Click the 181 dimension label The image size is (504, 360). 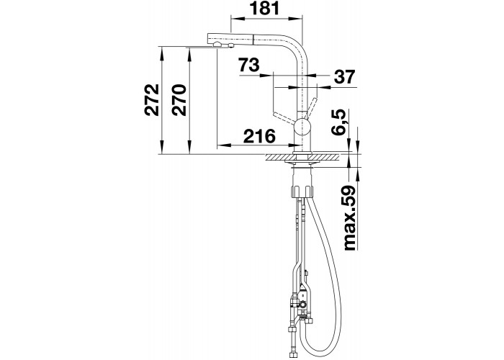(265, 9)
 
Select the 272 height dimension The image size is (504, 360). (152, 99)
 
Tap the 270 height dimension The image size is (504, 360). (179, 99)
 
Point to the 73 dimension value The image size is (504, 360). (249, 65)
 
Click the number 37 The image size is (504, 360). (345, 77)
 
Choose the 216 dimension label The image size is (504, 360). (259, 136)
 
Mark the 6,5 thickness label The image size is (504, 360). (338, 122)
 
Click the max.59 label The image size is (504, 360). (350, 217)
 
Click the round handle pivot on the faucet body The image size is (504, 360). (302, 126)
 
